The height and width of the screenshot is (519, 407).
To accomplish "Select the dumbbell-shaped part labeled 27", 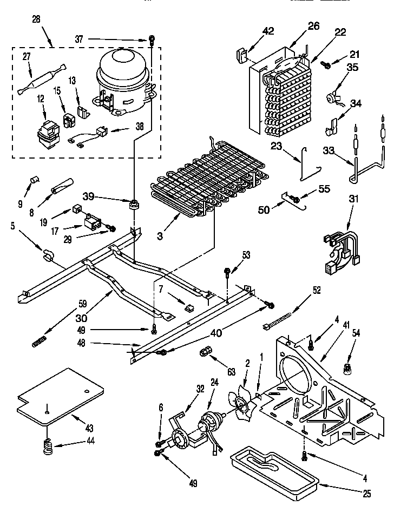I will (41, 79).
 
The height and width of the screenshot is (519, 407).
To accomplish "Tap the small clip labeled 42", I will (242, 54).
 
